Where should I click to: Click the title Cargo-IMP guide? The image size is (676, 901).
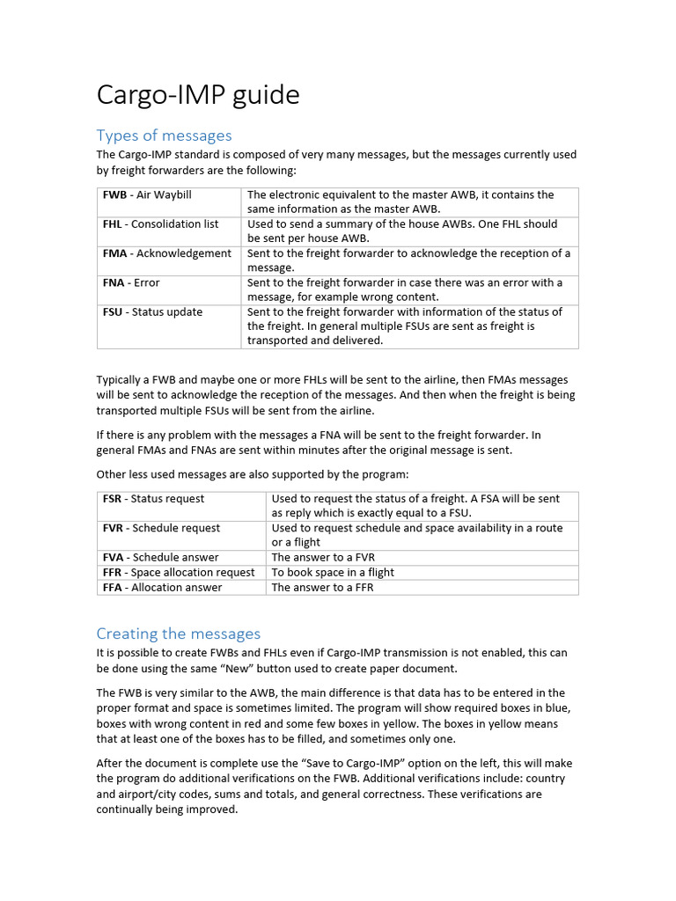[x=198, y=95]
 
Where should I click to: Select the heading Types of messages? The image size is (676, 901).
[x=164, y=135]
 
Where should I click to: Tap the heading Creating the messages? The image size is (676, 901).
[x=179, y=634]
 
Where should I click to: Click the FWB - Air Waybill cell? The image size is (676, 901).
[x=147, y=194]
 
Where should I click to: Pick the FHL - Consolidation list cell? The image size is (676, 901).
[x=160, y=224]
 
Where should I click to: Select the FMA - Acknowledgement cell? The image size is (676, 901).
[x=166, y=253]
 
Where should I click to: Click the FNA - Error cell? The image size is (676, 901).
[x=131, y=282]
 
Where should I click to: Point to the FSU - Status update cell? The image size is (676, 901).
[x=152, y=311]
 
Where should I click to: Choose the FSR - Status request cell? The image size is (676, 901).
[x=153, y=499]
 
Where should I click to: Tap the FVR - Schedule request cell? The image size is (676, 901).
[x=161, y=528]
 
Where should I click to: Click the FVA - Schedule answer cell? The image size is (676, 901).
[x=160, y=557]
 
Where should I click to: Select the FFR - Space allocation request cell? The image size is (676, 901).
[x=179, y=572]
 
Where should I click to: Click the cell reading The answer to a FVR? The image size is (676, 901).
[x=323, y=557]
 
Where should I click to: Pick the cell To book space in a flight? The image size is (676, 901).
[x=333, y=572]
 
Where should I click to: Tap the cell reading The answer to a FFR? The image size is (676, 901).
[x=322, y=587]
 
